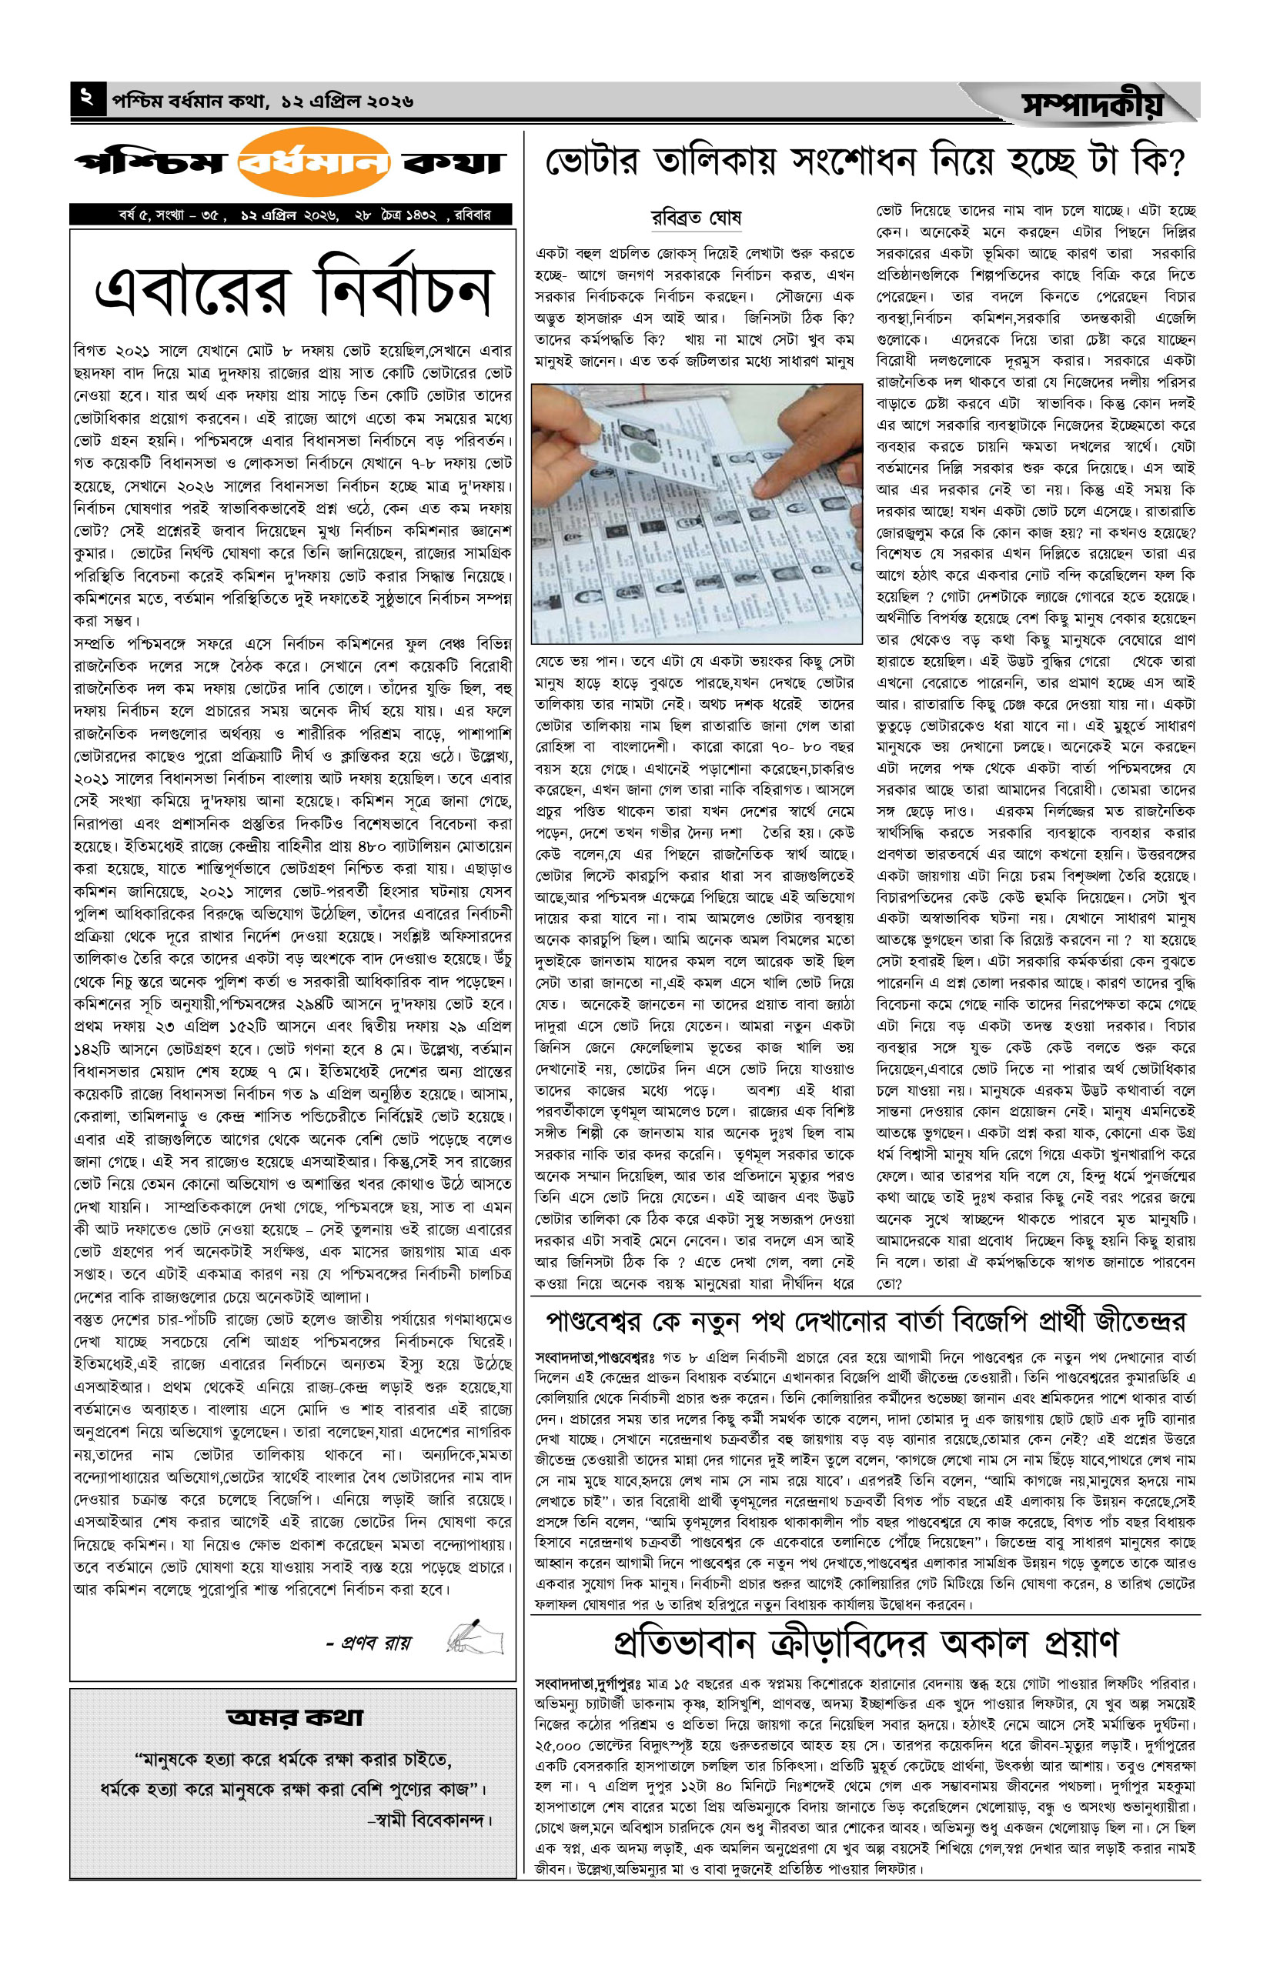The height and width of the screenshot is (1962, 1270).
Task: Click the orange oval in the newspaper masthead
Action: tap(313, 162)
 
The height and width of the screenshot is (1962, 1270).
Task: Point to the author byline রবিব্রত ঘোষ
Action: tap(696, 219)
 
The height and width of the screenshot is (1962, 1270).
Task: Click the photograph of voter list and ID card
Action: tap(696, 514)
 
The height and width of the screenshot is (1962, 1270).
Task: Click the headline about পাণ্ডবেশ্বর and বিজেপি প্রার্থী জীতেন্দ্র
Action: tap(865, 1323)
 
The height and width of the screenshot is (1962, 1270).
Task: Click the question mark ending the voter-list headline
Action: tap(1170, 162)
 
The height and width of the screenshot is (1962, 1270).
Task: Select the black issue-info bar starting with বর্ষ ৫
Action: tap(291, 215)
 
